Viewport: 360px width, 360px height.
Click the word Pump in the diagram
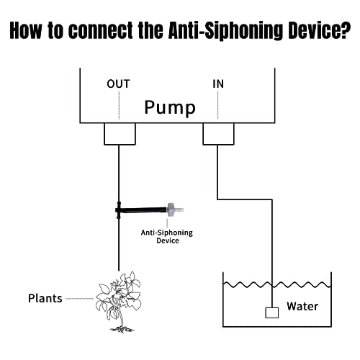click(x=170, y=108)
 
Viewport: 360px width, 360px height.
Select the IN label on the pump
click(x=218, y=84)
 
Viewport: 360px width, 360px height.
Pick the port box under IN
click(x=218, y=132)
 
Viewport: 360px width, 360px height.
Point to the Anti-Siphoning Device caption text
click(x=167, y=236)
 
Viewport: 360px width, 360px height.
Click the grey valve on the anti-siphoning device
click(x=171, y=210)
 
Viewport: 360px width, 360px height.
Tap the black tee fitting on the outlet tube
click(x=118, y=211)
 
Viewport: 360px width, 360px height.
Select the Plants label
click(x=45, y=297)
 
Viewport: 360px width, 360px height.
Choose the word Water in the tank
click(x=302, y=306)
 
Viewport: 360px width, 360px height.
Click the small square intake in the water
click(x=271, y=312)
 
